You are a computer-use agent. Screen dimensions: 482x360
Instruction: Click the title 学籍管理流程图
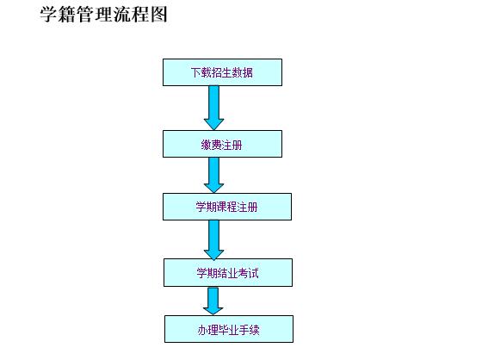tap(103, 14)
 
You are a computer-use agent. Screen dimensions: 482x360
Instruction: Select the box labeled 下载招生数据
tap(222, 72)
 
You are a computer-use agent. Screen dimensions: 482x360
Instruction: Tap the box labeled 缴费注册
tap(222, 144)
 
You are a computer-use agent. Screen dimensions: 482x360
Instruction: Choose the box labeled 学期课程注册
tap(227, 207)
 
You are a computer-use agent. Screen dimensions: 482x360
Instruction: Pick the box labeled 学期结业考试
tap(228, 273)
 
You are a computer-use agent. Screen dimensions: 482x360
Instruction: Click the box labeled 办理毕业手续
tap(229, 329)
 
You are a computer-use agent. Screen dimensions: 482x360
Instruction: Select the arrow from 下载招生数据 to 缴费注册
tap(214, 108)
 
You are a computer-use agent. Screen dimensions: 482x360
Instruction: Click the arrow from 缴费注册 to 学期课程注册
tap(214, 175)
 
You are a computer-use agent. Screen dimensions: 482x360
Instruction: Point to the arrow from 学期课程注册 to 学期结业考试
tap(214, 240)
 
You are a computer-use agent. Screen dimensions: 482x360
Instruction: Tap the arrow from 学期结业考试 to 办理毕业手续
tap(213, 301)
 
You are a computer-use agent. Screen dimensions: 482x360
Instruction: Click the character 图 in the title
tap(158, 14)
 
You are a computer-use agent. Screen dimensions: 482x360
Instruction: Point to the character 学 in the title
tap(48, 14)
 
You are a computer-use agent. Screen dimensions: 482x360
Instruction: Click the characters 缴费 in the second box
tap(211, 145)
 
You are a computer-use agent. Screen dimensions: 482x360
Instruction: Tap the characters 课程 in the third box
tap(227, 207)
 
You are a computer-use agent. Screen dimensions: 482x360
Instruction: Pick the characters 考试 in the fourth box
tap(249, 273)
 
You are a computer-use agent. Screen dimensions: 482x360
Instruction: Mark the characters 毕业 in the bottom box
tap(228, 330)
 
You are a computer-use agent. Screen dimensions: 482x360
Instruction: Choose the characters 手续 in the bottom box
tap(250, 330)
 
